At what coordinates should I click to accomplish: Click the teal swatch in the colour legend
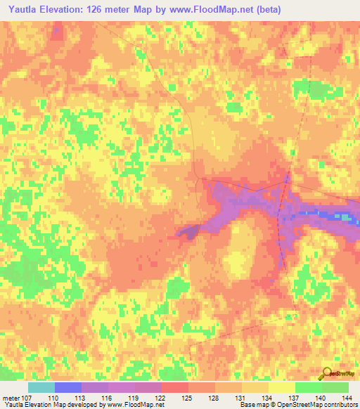pos(41,387)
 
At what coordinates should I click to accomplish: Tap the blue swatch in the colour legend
pos(67,387)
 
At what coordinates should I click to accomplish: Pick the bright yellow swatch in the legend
pos(282,387)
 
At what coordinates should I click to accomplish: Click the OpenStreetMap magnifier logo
pos(328,373)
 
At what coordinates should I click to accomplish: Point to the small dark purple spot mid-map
pos(188,233)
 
